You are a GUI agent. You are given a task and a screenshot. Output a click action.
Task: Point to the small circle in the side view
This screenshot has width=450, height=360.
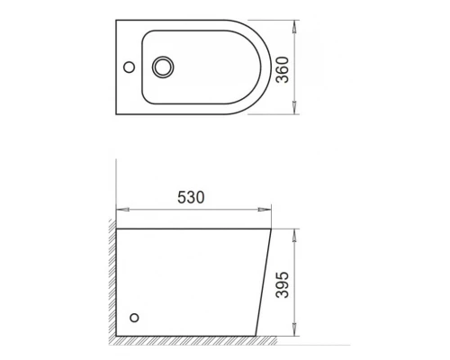(136, 317)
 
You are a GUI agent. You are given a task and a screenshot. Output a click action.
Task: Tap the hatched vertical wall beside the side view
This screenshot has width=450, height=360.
(111, 279)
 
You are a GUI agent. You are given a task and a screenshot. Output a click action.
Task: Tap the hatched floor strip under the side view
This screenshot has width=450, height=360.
(189, 347)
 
